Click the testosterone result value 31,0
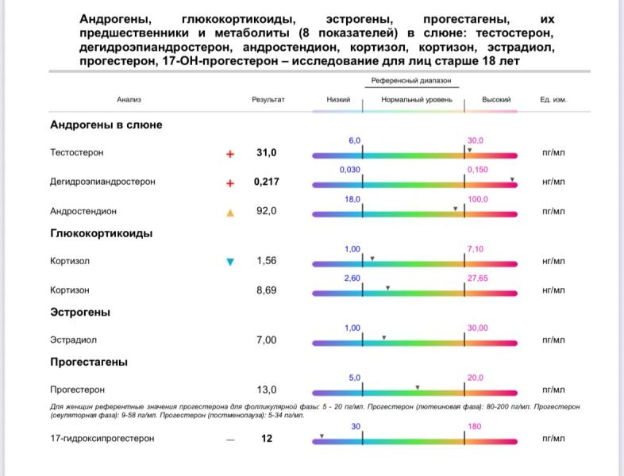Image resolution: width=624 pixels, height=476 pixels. click(266, 152)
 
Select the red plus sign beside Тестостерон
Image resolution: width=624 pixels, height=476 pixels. click(230, 153)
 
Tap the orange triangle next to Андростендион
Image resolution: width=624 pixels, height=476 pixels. click(230, 212)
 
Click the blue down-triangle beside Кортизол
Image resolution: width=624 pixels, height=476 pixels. click(230, 262)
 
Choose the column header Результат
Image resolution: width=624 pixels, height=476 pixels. click(268, 100)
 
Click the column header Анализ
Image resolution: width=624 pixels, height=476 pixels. click(129, 100)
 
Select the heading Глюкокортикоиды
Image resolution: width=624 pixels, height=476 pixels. click(101, 233)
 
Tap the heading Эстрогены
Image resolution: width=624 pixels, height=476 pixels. click(80, 313)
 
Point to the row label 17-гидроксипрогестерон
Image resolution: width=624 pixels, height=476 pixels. click(102, 438)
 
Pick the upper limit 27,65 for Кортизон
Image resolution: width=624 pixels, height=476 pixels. click(478, 278)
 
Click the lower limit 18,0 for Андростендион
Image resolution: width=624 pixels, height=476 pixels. click(352, 199)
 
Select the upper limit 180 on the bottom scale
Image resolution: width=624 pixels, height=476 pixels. click(475, 426)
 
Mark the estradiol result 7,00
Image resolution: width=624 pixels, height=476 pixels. click(266, 340)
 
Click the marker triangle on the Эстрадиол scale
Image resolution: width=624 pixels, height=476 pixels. click(383, 338)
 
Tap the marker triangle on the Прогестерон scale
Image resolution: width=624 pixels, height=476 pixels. click(418, 387)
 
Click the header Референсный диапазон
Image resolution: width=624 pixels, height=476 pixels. click(412, 82)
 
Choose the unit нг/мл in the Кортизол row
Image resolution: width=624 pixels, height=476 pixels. click(553, 261)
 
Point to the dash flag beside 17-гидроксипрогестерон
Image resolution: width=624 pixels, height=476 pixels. click(230, 439)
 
